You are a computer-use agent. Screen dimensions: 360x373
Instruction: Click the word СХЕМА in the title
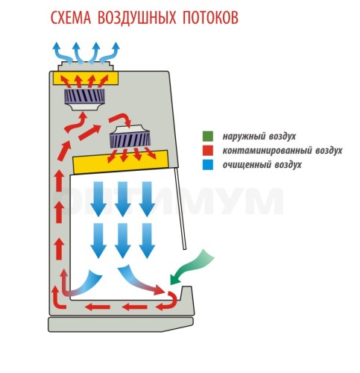pyautogui.click(x=71, y=17)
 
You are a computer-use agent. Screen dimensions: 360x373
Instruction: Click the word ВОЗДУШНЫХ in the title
pyautogui.click(x=137, y=17)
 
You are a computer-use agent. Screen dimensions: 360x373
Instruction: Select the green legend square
pyautogui.click(x=208, y=137)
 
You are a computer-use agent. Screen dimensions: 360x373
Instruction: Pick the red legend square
pyautogui.click(x=208, y=151)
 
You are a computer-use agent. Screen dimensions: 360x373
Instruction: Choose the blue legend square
pyautogui.click(x=208, y=165)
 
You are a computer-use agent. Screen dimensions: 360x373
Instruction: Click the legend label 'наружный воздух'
pyautogui.click(x=259, y=137)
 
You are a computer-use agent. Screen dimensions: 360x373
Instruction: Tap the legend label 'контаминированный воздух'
pyautogui.click(x=282, y=151)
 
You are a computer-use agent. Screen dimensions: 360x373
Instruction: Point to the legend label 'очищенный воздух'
pyautogui.click(x=262, y=165)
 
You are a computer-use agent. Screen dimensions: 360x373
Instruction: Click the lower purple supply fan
pyautogui.click(x=130, y=137)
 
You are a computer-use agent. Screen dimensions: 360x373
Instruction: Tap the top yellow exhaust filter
pyautogui.click(x=86, y=78)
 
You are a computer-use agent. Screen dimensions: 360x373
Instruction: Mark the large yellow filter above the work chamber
pyautogui.click(x=121, y=163)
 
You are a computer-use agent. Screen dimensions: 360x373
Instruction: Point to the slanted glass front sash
pyautogui.click(x=180, y=208)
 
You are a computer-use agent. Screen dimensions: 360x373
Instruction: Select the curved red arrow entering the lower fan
pyautogui.click(x=121, y=119)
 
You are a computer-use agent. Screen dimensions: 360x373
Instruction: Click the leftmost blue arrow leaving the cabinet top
pyautogui.click(x=63, y=53)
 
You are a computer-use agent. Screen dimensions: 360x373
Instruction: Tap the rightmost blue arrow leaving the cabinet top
pyautogui.click(x=110, y=53)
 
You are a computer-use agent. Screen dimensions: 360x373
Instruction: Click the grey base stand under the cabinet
pyautogui.click(x=121, y=325)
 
